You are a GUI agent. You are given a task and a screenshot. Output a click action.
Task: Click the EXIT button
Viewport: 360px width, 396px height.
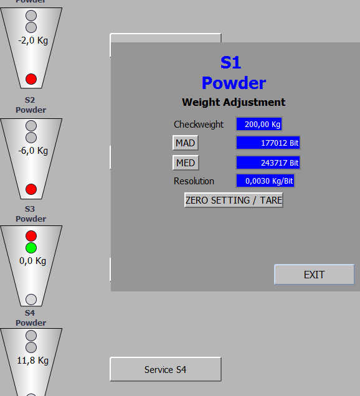pos(315,275)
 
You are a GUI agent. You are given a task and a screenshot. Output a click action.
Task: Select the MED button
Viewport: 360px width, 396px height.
pos(186,163)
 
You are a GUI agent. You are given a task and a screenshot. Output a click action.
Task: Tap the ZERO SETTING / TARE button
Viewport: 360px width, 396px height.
pos(234,200)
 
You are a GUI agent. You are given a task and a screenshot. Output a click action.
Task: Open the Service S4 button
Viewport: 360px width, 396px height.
pos(166,369)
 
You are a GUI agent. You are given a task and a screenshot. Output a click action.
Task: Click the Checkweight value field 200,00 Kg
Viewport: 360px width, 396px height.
pos(259,124)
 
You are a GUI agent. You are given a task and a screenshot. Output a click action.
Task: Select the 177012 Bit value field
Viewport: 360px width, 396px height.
pos(268,143)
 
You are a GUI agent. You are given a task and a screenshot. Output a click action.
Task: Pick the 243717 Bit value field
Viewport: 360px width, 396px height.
pos(268,163)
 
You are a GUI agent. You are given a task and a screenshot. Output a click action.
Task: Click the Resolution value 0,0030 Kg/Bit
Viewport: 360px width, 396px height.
pos(265,181)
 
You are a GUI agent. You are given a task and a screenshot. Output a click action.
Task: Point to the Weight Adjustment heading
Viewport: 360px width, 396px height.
pos(234,102)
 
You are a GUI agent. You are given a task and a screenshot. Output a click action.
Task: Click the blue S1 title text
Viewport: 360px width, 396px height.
pos(230,62)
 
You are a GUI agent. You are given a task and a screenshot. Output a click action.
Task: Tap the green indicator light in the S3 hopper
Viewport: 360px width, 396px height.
pos(31,248)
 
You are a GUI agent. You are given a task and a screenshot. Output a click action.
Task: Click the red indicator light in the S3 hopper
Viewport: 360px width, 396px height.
pos(31,236)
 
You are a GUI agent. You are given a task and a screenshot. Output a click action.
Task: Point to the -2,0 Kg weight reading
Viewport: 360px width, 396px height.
pos(33,40)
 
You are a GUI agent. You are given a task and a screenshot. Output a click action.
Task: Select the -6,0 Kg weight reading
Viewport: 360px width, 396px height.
pos(33,151)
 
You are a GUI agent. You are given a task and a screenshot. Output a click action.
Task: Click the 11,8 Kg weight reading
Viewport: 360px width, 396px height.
pos(33,361)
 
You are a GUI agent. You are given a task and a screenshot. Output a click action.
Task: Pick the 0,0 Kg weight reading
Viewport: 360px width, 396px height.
pos(33,261)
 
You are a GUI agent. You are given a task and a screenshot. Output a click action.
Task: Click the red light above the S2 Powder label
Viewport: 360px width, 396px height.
pos(31,79)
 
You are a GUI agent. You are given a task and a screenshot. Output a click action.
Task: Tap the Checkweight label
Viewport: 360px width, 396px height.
pos(199,125)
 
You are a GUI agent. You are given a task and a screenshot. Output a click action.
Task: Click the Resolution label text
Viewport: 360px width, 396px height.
pos(194,181)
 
